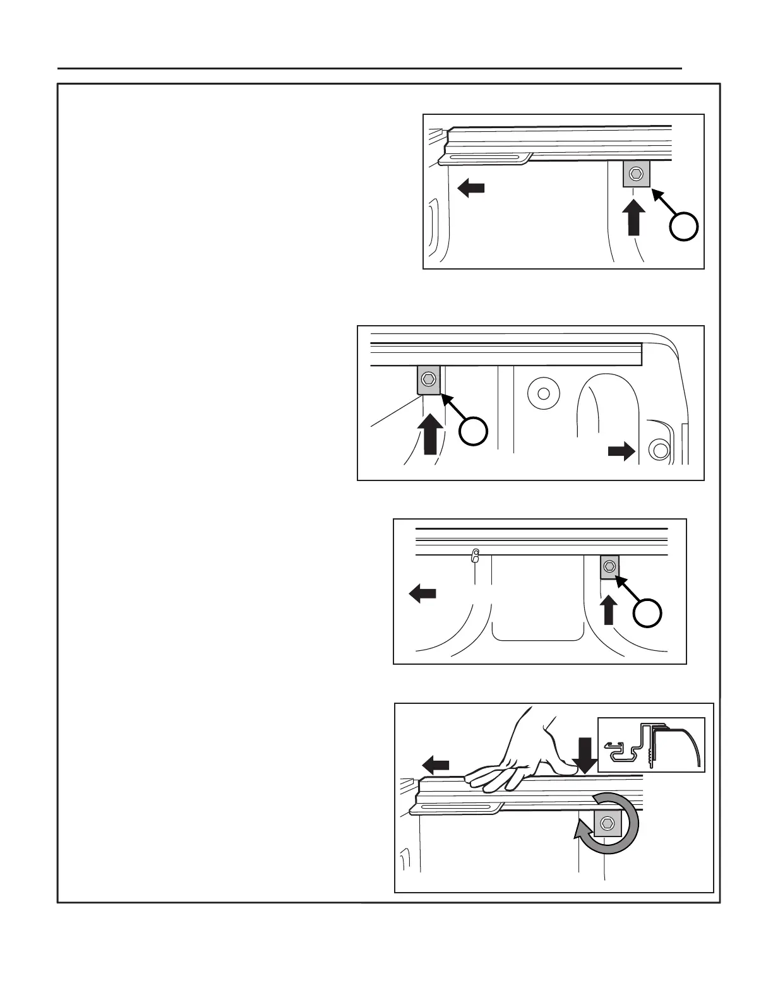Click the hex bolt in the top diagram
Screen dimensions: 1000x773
(x=636, y=172)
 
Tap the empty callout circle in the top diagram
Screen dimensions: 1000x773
(x=685, y=227)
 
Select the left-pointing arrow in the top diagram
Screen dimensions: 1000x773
(x=470, y=187)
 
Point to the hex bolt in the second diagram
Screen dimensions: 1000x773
(x=428, y=379)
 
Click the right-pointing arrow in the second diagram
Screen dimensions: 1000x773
(x=621, y=451)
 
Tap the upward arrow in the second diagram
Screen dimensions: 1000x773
(x=430, y=433)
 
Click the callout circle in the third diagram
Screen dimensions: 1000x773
(x=648, y=612)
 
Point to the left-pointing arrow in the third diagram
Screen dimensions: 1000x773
(x=422, y=593)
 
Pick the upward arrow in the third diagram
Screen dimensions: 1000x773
(x=609, y=610)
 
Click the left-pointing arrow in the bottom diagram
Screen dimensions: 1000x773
(x=435, y=765)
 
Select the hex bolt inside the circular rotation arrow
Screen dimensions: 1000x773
(x=607, y=823)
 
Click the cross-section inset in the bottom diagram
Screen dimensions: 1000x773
(x=651, y=744)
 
